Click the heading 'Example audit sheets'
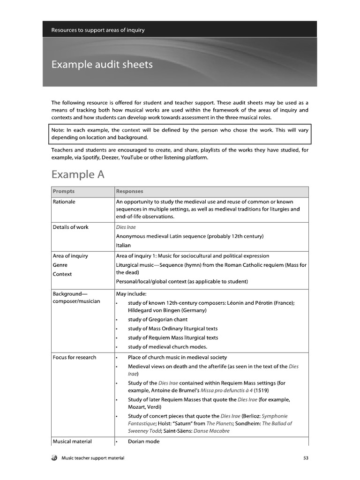coord(102,64)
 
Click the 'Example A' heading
coord(78,174)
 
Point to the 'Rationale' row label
coord(64,202)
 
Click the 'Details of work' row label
coord(70,227)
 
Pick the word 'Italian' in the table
coord(123,245)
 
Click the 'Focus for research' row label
coord(74,357)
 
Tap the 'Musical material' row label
coord(72,441)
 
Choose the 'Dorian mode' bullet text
coord(143,441)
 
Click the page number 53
coord(306,457)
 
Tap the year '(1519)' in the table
coord(262,390)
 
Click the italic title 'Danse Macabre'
coord(211,431)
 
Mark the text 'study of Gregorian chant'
coord(157,320)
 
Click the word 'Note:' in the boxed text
coord(59,129)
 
